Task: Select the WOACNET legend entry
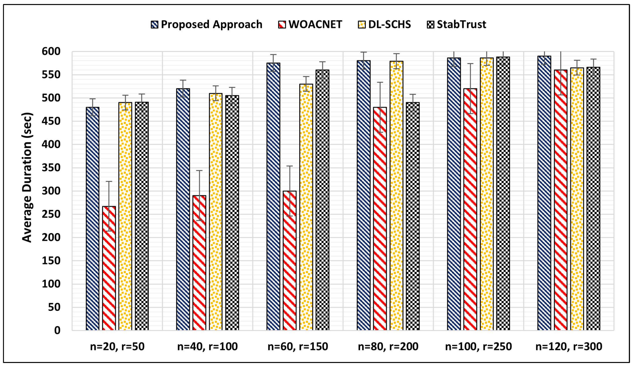(x=310, y=24)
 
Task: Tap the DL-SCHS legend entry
(x=385, y=24)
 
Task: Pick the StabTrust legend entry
(x=457, y=24)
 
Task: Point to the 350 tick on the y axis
(x=51, y=168)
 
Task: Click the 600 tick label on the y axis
(x=51, y=52)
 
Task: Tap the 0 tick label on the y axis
(x=57, y=330)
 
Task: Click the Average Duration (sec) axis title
(x=27, y=177)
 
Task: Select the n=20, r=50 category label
(x=117, y=347)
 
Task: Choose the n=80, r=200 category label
(x=388, y=347)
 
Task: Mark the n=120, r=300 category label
(x=569, y=347)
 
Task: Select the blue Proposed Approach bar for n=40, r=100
(x=183, y=209)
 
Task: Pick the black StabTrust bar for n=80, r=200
(x=413, y=217)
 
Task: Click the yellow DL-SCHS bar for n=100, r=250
(x=487, y=194)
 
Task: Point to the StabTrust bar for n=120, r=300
(x=593, y=199)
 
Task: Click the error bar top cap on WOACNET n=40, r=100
(x=199, y=171)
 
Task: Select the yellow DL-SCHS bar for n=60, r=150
(x=306, y=207)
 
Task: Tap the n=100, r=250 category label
(x=478, y=347)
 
